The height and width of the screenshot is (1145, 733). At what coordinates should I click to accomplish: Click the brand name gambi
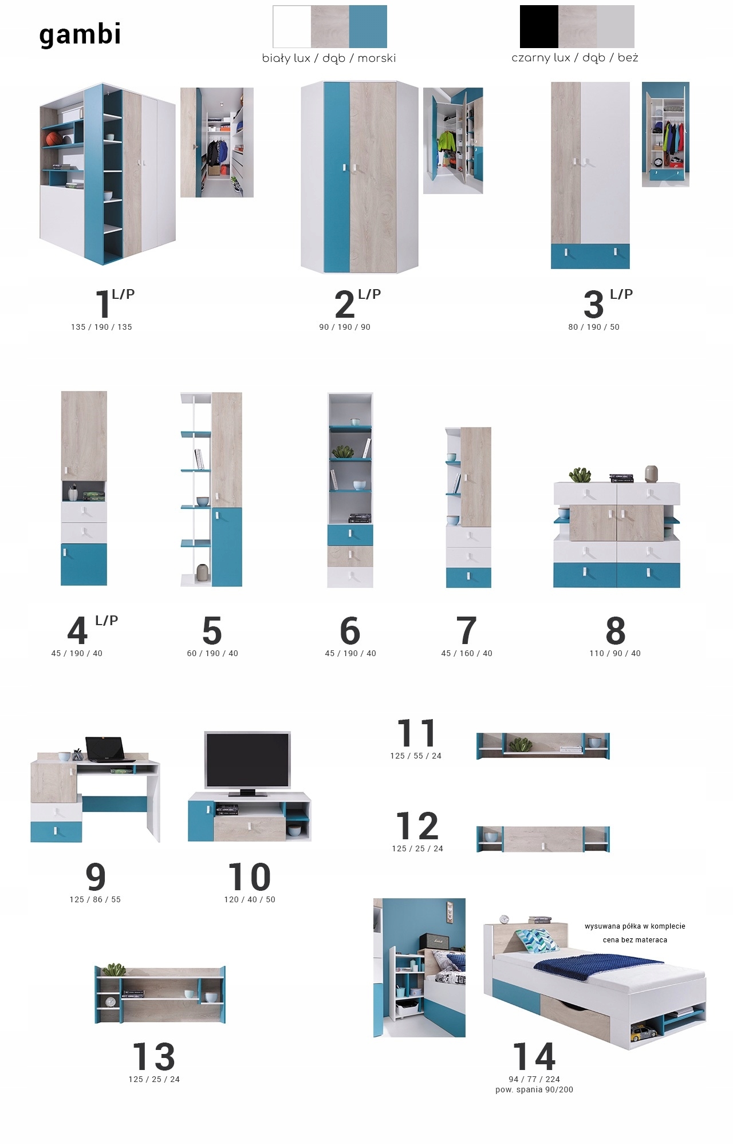(x=80, y=34)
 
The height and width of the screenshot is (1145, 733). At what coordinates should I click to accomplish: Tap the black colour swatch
(x=539, y=26)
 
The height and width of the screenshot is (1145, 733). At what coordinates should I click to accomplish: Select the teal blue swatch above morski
(x=368, y=26)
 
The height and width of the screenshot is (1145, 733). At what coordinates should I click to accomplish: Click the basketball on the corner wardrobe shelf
(x=54, y=138)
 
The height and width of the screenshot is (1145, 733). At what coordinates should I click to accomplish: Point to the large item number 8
(x=616, y=630)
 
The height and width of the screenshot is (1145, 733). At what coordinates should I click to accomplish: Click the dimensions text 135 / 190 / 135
(x=101, y=327)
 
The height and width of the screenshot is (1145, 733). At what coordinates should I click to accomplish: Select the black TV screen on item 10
(x=247, y=760)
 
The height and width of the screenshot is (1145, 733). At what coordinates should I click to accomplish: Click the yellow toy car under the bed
(x=644, y=1033)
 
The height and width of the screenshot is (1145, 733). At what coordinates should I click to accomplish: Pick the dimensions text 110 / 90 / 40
(x=615, y=653)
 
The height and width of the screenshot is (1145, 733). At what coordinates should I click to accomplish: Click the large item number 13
(x=153, y=1056)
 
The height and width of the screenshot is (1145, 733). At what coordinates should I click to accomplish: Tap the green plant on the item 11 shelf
(x=521, y=744)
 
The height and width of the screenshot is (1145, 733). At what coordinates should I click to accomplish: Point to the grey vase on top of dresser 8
(x=651, y=474)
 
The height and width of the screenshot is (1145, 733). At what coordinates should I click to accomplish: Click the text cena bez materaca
(x=635, y=939)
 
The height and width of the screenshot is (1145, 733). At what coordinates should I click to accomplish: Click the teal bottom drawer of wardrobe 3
(x=590, y=256)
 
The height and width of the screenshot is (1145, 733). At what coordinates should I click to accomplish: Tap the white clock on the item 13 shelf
(x=111, y=1002)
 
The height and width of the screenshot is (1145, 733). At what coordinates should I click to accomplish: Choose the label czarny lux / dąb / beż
(x=575, y=58)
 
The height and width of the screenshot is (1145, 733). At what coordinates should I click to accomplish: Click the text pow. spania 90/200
(x=534, y=1089)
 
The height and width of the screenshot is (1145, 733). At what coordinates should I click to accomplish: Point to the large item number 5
(x=212, y=630)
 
